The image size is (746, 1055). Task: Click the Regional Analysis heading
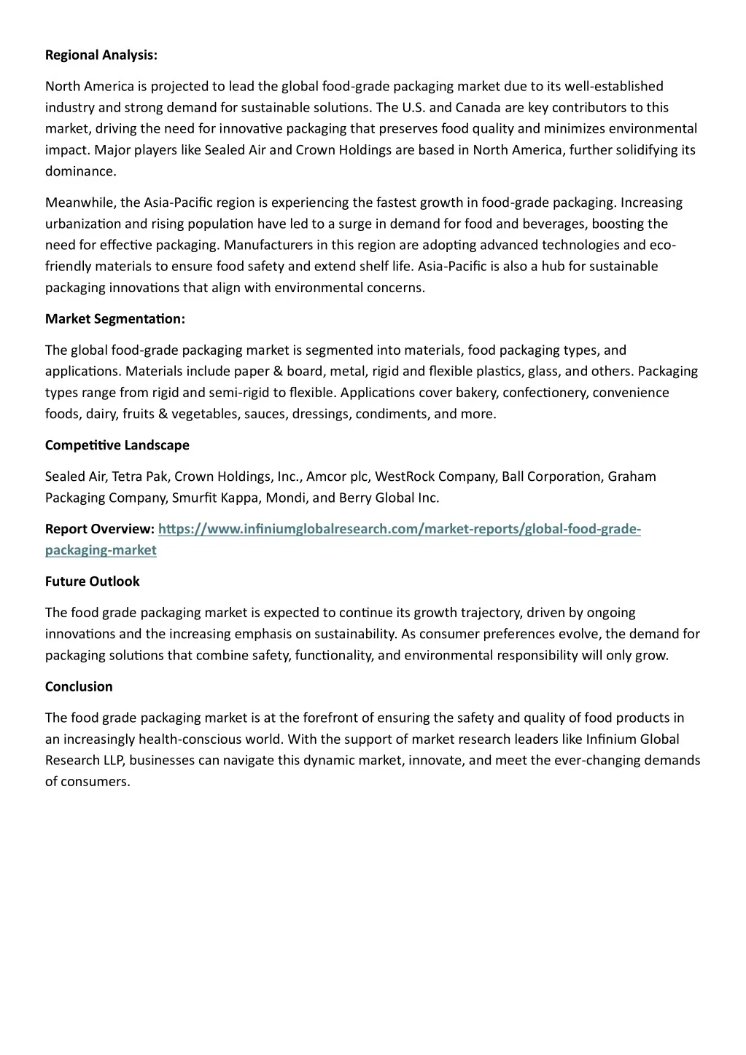coord(101,55)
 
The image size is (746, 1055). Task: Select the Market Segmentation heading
coord(115,319)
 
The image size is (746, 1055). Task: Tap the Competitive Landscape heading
coord(117,445)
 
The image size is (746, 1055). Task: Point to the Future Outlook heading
coord(92,581)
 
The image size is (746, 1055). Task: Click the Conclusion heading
coord(79,686)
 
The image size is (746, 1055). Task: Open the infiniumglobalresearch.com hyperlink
coord(399,529)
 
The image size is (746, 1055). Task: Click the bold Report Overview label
coord(99,529)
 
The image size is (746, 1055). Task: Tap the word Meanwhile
coord(78,203)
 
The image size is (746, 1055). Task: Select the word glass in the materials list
coord(543,372)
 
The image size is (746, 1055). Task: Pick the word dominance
coord(80,172)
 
